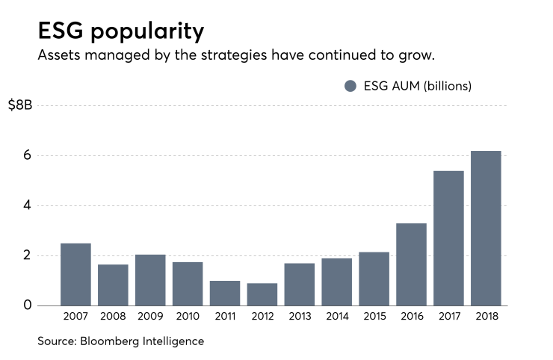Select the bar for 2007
pos(75,274)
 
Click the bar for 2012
pos(262,294)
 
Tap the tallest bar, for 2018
pos(486,228)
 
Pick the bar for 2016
pos(411,264)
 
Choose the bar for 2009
pos(150,280)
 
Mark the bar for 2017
pos(448,238)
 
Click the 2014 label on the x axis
pos(337,317)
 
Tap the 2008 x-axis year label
pos(113,317)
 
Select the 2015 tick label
pos(374,317)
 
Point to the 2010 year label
pos(188,317)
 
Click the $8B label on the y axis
pos(20,105)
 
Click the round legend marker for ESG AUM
pos(350,86)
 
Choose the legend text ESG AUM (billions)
pos(416,86)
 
